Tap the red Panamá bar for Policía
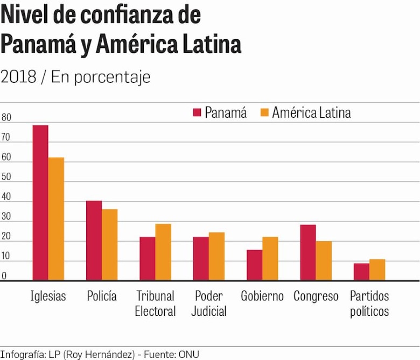(x=94, y=240)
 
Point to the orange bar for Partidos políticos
(x=377, y=270)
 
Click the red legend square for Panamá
(x=197, y=112)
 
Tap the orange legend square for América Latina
(x=264, y=112)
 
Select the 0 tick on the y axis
(x=4, y=276)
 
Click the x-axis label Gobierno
(x=262, y=297)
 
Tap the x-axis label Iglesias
(x=48, y=297)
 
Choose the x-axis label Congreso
(x=316, y=297)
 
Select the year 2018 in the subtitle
(x=18, y=77)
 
